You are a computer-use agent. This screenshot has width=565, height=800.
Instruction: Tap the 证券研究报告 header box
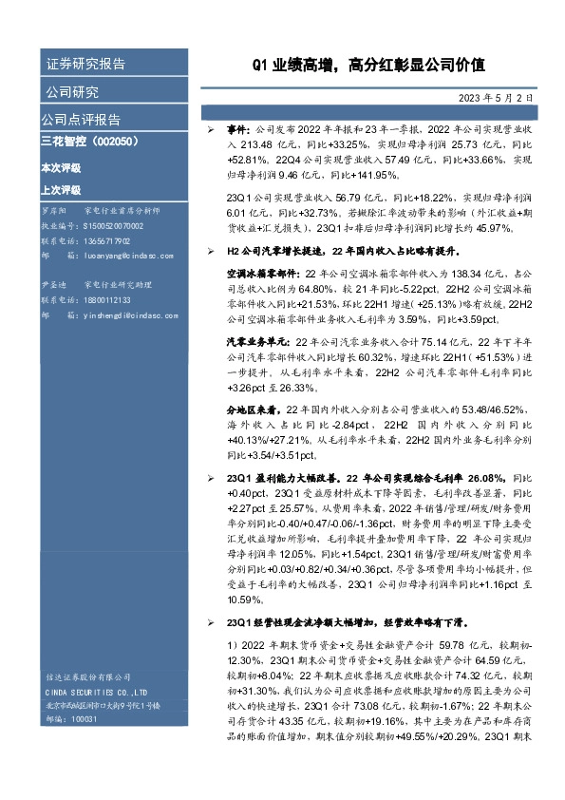click(x=86, y=65)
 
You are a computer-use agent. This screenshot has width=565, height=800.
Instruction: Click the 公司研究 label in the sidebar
click(x=72, y=92)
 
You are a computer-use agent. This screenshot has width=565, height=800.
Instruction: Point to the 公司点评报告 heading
click(x=81, y=120)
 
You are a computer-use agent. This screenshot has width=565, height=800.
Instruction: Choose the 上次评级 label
click(x=60, y=188)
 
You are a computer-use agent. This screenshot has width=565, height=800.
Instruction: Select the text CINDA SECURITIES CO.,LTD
click(x=95, y=692)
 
